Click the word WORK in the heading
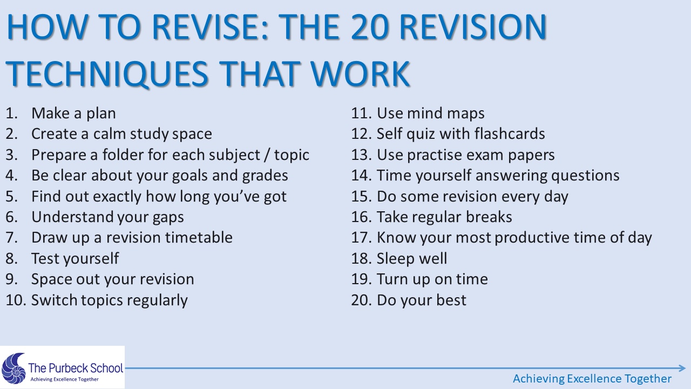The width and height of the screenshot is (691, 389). click(x=360, y=73)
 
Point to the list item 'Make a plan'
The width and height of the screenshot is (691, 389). click(x=73, y=113)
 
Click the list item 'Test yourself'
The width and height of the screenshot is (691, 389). click(x=75, y=259)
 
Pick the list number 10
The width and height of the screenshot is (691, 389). click(x=16, y=300)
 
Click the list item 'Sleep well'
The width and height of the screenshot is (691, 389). click(x=412, y=258)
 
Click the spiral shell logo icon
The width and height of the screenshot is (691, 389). click(x=13, y=368)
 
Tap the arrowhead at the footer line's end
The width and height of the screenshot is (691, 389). click(x=682, y=368)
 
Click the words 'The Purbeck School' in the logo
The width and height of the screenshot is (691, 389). click(x=76, y=368)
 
